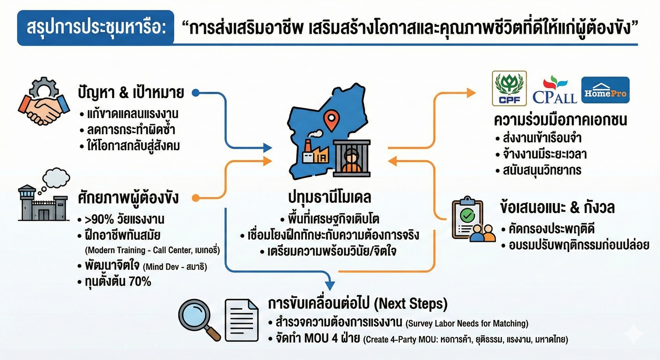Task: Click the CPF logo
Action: pyautogui.click(x=509, y=88)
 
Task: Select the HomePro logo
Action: pyautogui.click(x=605, y=90)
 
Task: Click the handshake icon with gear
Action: pyautogui.click(x=44, y=101)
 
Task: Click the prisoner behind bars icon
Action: pyautogui.click(x=352, y=158)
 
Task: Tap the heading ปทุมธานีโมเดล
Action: pyautogui.click(x=330, y=198)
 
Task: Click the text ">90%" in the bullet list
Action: pyautogui.click(x=99, y=219)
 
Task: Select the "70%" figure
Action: pyautogui.click(x=140, y=282)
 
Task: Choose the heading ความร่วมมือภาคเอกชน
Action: pyautogui.click(x=560, y=120)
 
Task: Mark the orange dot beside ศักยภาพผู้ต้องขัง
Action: pyautogui.click(x=196, y=198)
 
